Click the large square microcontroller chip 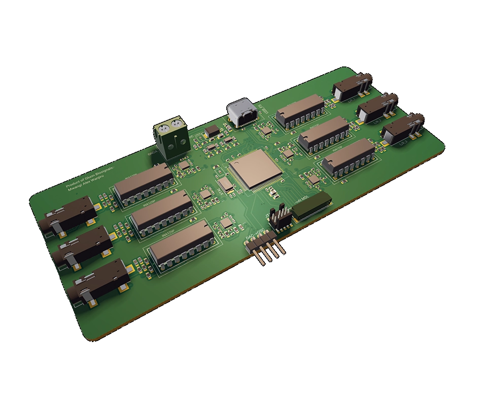pyautogui.click(x=252, y=169)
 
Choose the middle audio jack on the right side pyautogui.click(x=376, y=108)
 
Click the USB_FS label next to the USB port pyautogui.click(x=264, y=109)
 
